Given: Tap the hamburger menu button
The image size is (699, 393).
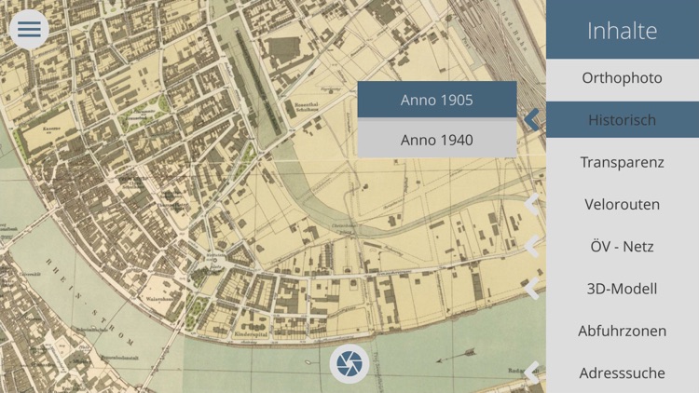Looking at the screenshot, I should pyautogui.click(x=29, y=29).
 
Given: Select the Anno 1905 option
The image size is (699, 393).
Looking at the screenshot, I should pyautogui.click(x=437, y=100).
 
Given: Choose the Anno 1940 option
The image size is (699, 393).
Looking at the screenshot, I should pyautogui.click(x=437, y=140).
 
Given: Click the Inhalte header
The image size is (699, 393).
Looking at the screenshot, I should pyautogui.click(x=623, y=30).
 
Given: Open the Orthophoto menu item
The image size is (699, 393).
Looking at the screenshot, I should pyautogui.click(x=623, y=78).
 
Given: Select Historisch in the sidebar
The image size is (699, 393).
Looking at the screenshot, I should pyautogui.click(x=623, y=120).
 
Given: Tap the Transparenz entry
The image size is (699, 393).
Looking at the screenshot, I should pyautogui.click(x=623, y=162).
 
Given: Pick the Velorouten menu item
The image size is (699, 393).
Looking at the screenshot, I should pyautogui.click(x=623, y=204).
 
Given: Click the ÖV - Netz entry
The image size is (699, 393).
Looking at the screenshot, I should pyautogui.click(x=623, y=247).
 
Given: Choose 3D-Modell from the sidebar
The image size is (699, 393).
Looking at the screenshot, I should pyautogui.click(x=623, y=289).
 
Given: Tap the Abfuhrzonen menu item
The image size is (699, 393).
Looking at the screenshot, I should pyautogui.click(x=623, y=331).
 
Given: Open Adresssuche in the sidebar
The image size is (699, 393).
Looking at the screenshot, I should pyautogui.click(x=623, y=373).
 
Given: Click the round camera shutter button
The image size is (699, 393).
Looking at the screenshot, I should pyautogui.click(x=349, y=363).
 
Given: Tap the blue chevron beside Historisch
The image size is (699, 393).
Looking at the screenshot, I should pyautogui.click(x=532, y=119).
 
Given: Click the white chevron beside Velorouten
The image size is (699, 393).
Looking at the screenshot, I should pyautogui.click(x=532, y=204).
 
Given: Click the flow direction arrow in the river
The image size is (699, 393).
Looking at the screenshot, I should pyautogui.click(x=456, y=355).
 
